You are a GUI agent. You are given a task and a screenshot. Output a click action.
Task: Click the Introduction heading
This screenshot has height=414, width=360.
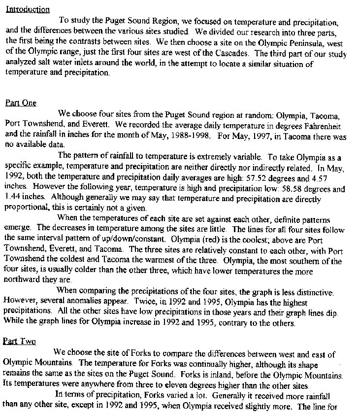[27, 9]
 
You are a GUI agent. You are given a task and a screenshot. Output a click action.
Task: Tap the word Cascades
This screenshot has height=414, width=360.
[233, 53]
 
